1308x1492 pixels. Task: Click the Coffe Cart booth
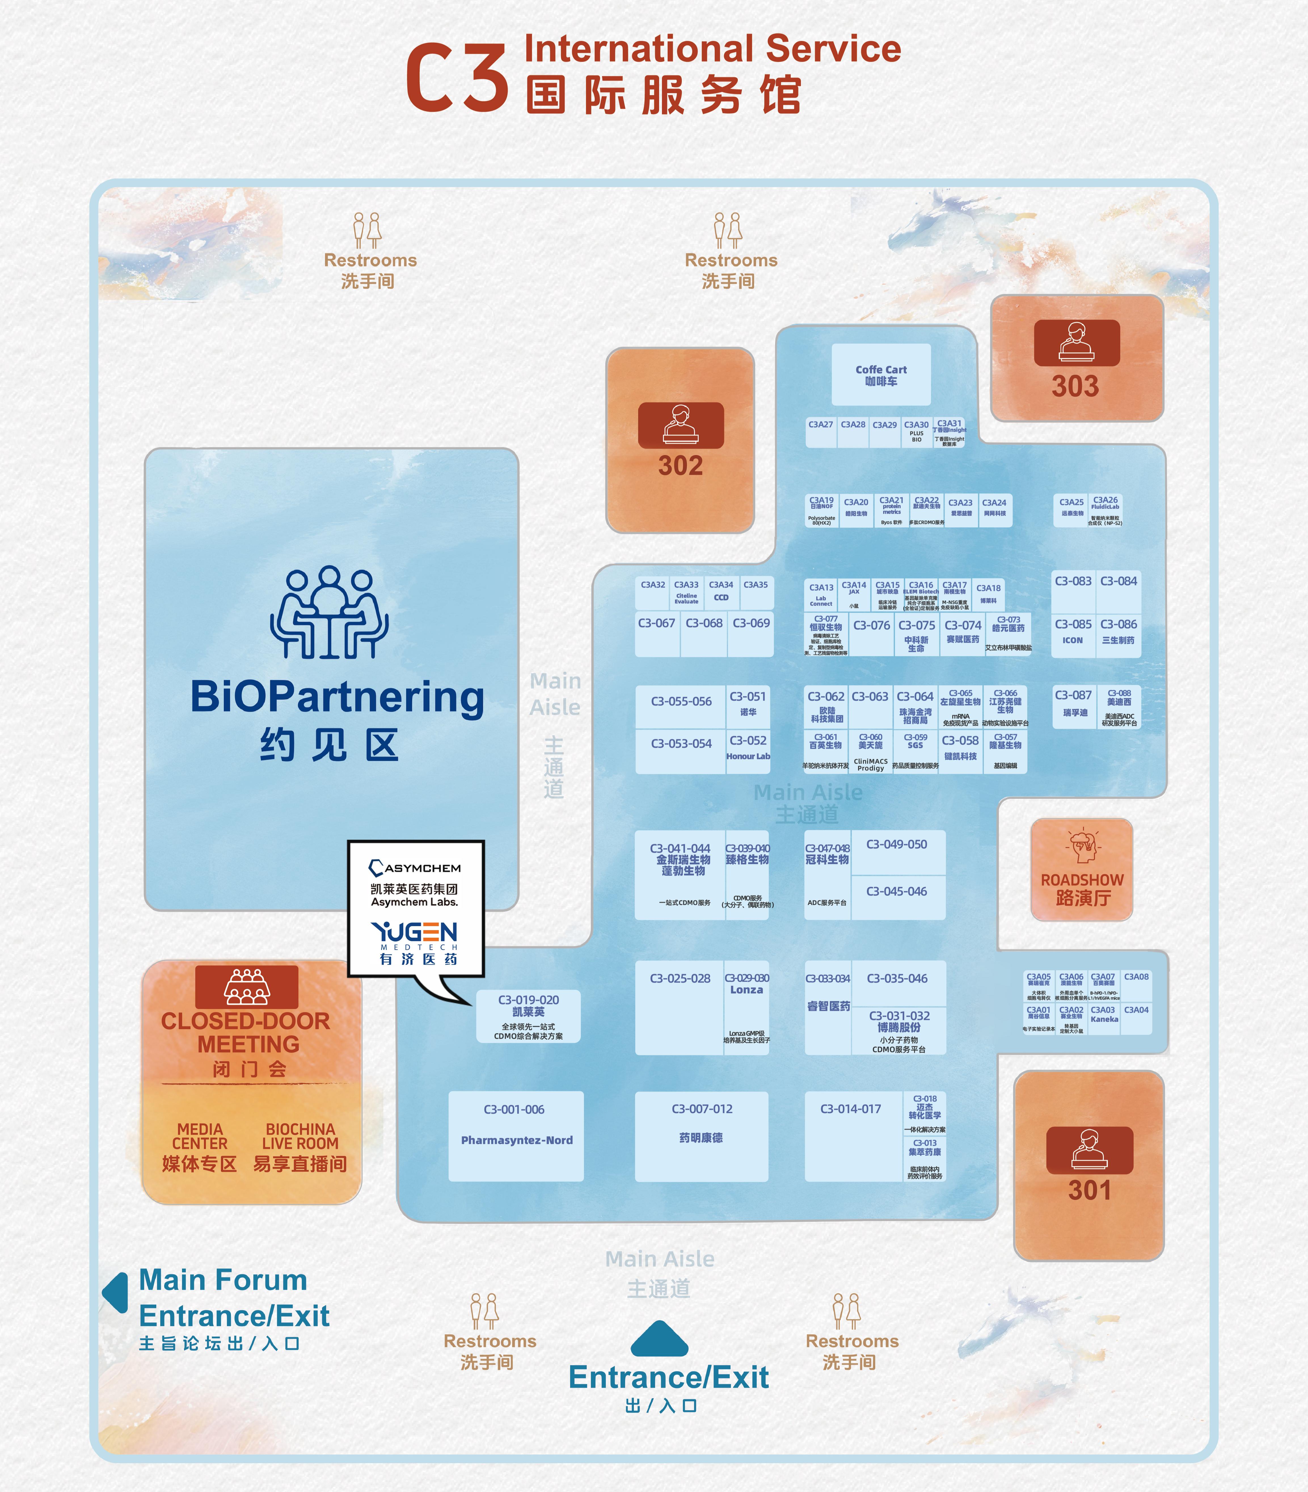881,374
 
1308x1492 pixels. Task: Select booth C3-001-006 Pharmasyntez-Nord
516,1136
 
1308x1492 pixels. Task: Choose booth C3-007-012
701,1136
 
